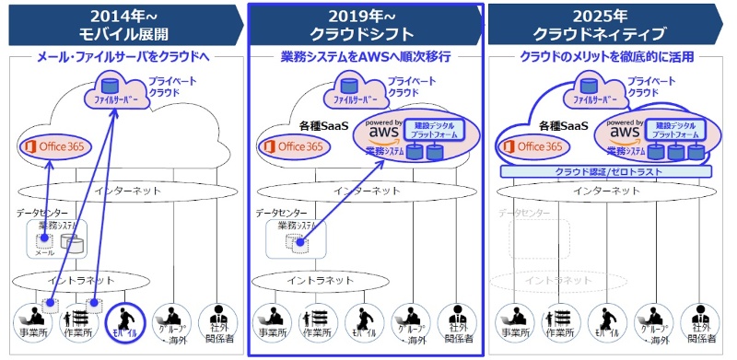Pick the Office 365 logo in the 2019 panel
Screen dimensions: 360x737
point(295,146)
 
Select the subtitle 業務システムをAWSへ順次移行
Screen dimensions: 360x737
point(366,57)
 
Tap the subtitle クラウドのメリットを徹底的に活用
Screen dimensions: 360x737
point(607,57)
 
